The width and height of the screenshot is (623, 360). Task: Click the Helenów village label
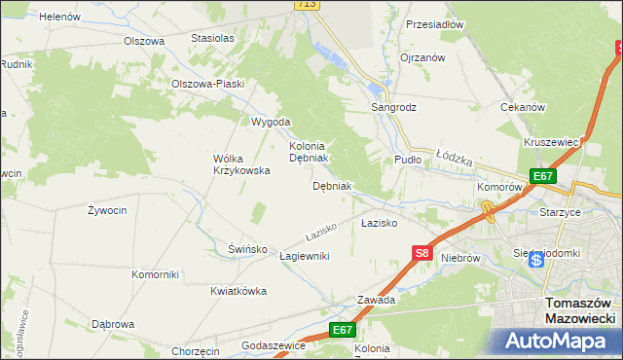[x=59, y=17]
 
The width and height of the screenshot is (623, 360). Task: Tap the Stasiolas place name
[x=213, y=39]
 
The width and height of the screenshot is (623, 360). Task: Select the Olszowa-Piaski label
[x=207, y=84]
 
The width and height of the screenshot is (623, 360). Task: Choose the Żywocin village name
[x=107, y=210]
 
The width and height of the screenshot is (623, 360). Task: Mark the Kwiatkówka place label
[x=238, y=292]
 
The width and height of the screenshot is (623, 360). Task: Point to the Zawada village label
[x=376, y=301]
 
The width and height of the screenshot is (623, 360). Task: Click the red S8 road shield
[x=421, y=253]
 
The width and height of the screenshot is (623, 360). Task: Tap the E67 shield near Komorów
[x=543, y=176]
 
